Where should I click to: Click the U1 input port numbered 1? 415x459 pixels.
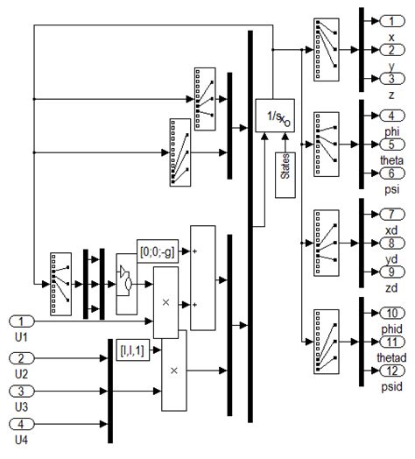point(25,321)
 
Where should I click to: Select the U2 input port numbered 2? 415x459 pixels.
point(25,359)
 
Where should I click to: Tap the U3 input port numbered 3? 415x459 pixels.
point(25,391)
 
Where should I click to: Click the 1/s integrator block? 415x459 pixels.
point(274,114)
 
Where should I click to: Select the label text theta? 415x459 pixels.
point(390,160)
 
